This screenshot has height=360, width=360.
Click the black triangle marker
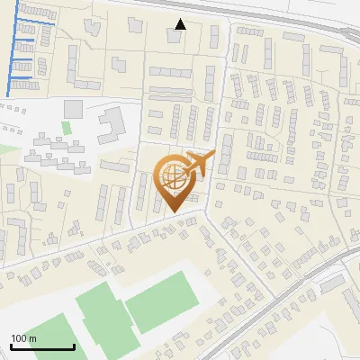(181, 24)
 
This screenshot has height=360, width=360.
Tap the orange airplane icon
(200, 163)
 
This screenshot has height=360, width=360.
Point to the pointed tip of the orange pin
(174, 212)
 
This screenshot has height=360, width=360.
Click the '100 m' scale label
(23, 338)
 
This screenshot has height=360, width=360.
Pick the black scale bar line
(42, 346)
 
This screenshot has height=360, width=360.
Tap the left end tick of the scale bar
(11, 345)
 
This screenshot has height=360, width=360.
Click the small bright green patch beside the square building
(66, 128)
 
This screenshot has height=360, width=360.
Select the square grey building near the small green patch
(73, 109)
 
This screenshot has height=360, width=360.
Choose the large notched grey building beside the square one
(110, 123)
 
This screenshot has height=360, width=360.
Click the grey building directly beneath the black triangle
(174, 38)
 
